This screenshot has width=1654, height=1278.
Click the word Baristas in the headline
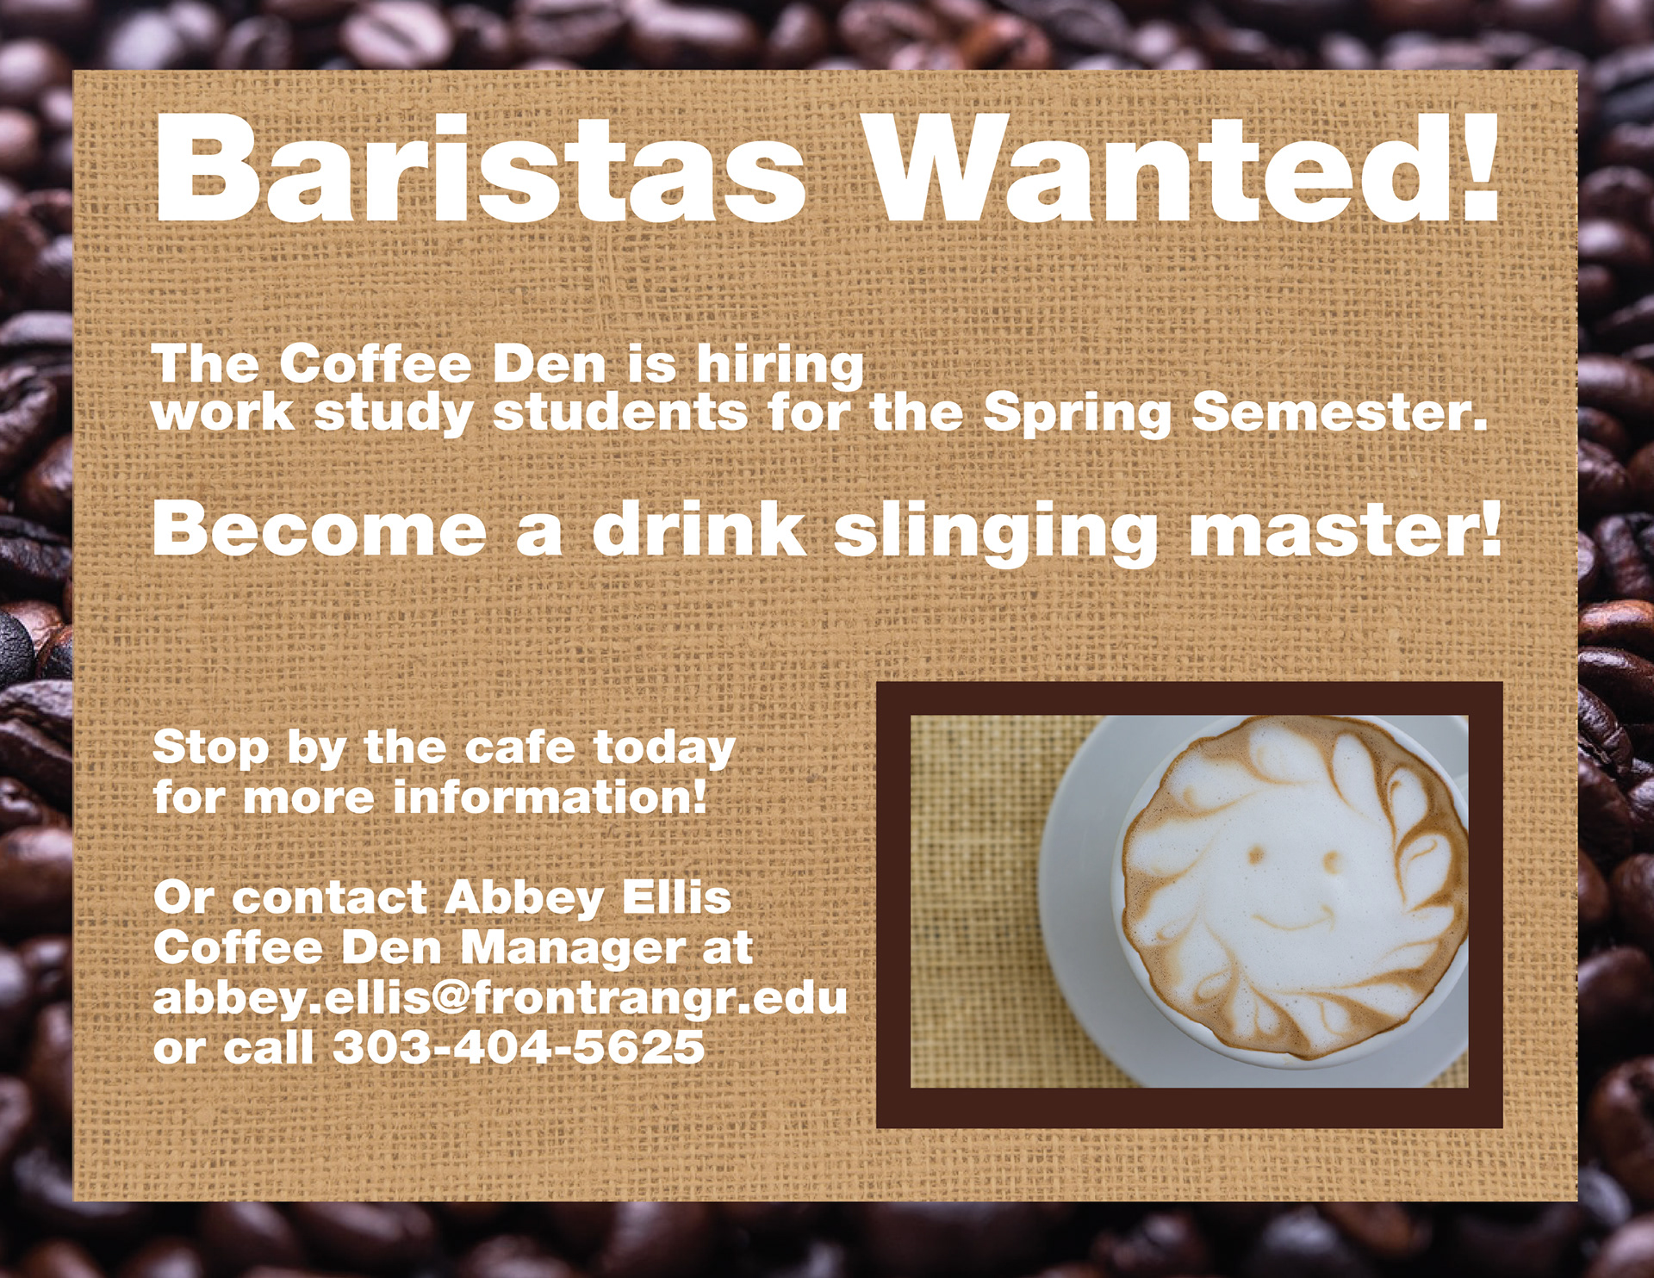pos(480,167)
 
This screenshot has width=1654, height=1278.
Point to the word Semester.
pos(1340,413)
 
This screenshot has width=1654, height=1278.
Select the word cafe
pos(519,747)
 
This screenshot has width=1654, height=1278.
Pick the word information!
pos(550,797)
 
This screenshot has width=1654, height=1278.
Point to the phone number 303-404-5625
pos(519,1047)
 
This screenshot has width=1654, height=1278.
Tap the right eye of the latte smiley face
pos(1332,860)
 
